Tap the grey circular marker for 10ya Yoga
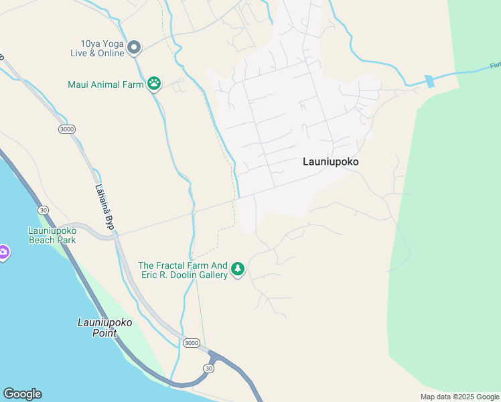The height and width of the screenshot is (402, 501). (134, 47)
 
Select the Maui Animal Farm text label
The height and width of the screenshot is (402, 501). (106, 84)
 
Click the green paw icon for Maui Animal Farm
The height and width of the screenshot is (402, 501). (155, 84)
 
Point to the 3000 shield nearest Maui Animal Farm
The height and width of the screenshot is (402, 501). (67, 129)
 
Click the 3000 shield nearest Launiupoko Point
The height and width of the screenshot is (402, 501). (191, 343)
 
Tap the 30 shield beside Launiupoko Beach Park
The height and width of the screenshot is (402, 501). (43, 210)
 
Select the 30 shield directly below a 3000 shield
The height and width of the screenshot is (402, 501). (209, 368)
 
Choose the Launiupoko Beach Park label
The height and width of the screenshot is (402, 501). (52, 235)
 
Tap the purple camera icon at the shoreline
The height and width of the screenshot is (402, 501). (3, 253)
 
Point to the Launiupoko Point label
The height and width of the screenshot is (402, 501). (105, 327)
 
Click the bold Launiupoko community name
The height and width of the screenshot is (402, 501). (331, 161)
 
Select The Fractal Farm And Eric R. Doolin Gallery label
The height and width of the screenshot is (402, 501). (183, 270)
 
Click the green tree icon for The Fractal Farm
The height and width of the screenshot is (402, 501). (238, 269)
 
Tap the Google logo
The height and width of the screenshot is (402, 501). (22, 394)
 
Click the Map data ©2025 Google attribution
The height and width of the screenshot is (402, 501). (459, 397)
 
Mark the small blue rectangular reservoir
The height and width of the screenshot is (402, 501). (429, 81)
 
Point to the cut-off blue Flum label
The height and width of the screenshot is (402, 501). (495, 66)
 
